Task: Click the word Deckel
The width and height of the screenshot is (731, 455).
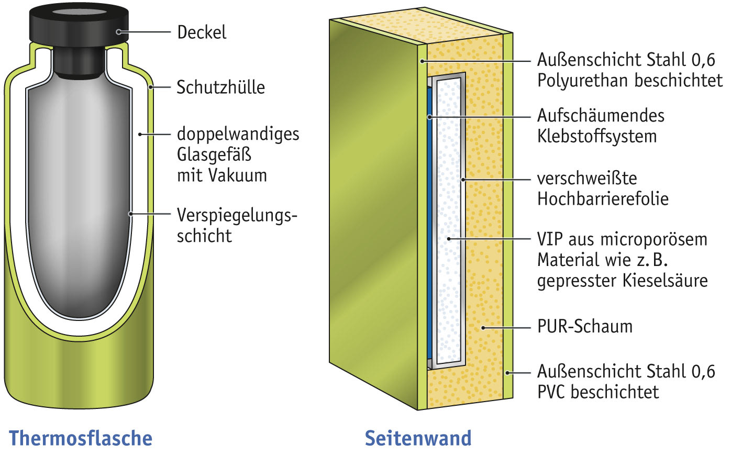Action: (202, 32)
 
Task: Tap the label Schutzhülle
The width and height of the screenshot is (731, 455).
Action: (220, 87)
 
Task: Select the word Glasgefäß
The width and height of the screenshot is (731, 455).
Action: (214, 154)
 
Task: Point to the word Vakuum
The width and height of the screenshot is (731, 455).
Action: (238, 175)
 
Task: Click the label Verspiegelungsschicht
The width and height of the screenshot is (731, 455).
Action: (236, 225)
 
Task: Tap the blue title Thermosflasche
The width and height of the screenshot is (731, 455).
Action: (81, 438)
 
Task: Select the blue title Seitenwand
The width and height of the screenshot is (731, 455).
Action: (418, 438)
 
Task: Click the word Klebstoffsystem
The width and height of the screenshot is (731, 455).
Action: (596, 136)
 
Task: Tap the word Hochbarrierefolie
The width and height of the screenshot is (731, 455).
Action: (603, 199)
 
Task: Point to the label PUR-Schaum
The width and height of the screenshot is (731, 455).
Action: (584, 327)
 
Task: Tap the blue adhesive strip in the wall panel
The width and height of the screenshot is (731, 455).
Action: (430, 209)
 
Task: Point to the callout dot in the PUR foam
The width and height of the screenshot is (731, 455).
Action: (483, 328)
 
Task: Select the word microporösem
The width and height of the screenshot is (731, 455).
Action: (654, 239)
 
